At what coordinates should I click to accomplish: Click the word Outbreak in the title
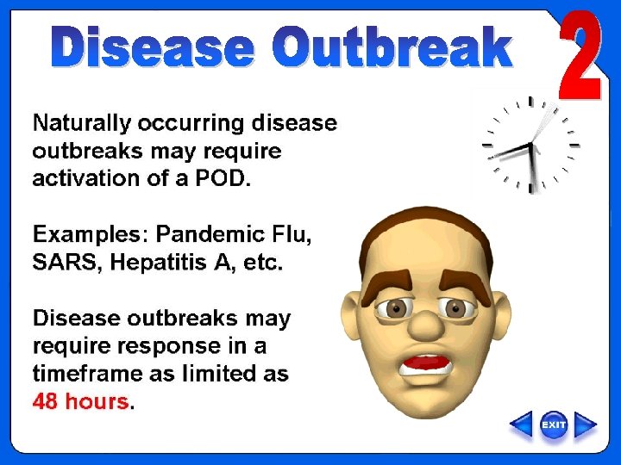(392, 47)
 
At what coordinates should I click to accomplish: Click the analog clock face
(530, 145)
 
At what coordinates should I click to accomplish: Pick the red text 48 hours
(80, 401)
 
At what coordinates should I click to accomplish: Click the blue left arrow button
(521, 425)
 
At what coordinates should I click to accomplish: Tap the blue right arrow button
(586, 425)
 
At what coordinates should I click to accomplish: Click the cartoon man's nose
(423, 322)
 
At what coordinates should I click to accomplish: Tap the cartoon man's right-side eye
(455, 307)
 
